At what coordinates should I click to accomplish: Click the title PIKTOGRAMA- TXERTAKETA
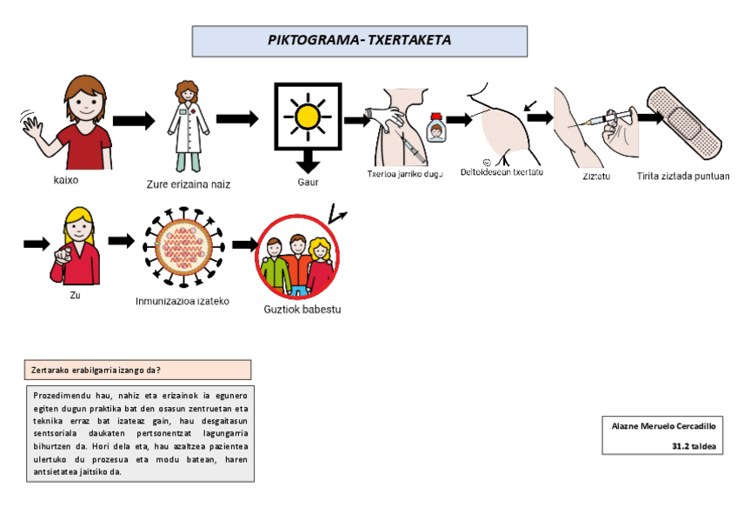[359, 40]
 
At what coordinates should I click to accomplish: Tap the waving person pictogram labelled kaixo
[73, 122]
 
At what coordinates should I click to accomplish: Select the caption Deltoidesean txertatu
[501, 172]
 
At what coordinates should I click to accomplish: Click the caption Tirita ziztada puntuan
[682, 176]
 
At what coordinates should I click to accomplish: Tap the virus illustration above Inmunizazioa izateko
[183, 247]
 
